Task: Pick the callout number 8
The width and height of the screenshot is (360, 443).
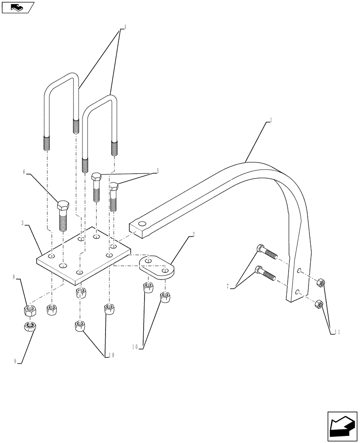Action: pyautogui.click(x=14, y=277)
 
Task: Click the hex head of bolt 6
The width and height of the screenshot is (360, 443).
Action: pyautogui.click(x=63, y=206)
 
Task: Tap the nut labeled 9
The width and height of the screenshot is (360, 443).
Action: pyautogui.click(x=29, y=327)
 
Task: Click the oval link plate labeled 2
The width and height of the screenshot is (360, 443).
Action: pyautogui.click(x=157, y=266)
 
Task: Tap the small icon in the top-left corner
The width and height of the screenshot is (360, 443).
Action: pyautogui.click(x=17, y=7)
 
